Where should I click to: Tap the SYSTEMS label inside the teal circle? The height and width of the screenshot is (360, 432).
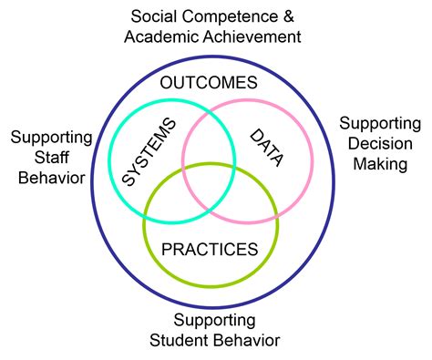point(147,151)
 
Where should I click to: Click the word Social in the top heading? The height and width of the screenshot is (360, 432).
point(153,16)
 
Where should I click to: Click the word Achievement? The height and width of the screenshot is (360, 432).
point(252,37)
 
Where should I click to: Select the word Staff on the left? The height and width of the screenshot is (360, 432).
point(51,157)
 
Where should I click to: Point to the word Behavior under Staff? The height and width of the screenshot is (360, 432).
point(51,177)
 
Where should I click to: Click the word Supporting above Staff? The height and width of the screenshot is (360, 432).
point(51,137)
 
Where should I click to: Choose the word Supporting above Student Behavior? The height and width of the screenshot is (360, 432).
point(215,320)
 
